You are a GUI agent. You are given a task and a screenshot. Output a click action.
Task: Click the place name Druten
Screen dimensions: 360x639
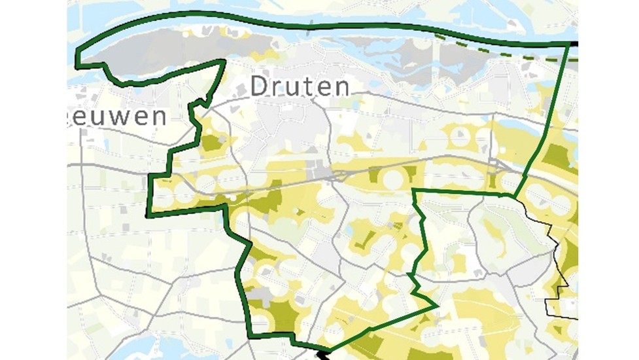coord(300,86)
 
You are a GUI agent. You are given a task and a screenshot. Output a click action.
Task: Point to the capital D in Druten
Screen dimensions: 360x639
coord(260,86)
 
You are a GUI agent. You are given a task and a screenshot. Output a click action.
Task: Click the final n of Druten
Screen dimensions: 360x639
coord(341,87)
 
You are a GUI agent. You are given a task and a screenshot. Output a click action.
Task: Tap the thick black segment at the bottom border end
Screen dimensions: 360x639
coord(322,355)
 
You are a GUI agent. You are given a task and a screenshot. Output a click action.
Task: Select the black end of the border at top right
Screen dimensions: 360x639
coord(573,44)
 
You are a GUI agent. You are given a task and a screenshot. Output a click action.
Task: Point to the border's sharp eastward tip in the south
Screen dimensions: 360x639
coord(436,305)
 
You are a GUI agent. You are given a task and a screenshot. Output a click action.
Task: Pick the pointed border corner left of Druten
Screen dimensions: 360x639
coord(224,61)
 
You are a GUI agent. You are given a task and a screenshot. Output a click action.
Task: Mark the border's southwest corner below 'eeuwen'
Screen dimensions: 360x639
coord(147,215)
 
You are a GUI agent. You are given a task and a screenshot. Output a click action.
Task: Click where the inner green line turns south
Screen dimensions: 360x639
coord(415,190)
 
